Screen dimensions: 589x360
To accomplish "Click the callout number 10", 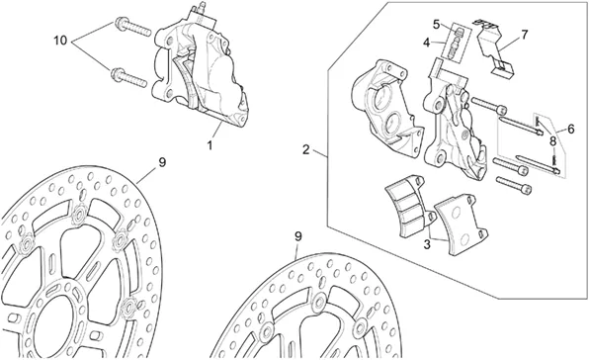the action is tap(60, 41).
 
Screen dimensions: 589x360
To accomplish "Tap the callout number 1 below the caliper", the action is tap(210, 144).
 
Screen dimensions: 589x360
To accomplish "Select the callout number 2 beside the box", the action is tap(306, 149).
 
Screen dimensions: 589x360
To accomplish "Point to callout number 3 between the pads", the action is tap(427, 244).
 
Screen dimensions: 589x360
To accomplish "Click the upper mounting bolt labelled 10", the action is tap(132, 26).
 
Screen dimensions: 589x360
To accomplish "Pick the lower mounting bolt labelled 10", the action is tap(128, 77).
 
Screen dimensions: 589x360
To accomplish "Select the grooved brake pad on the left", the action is tap(410, 206).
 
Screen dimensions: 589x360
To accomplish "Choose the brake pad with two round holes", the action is tap(460, 225).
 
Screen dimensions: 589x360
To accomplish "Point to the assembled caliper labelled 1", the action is tap(199, 67).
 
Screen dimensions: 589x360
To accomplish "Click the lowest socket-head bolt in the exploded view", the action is tap(514, 185).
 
